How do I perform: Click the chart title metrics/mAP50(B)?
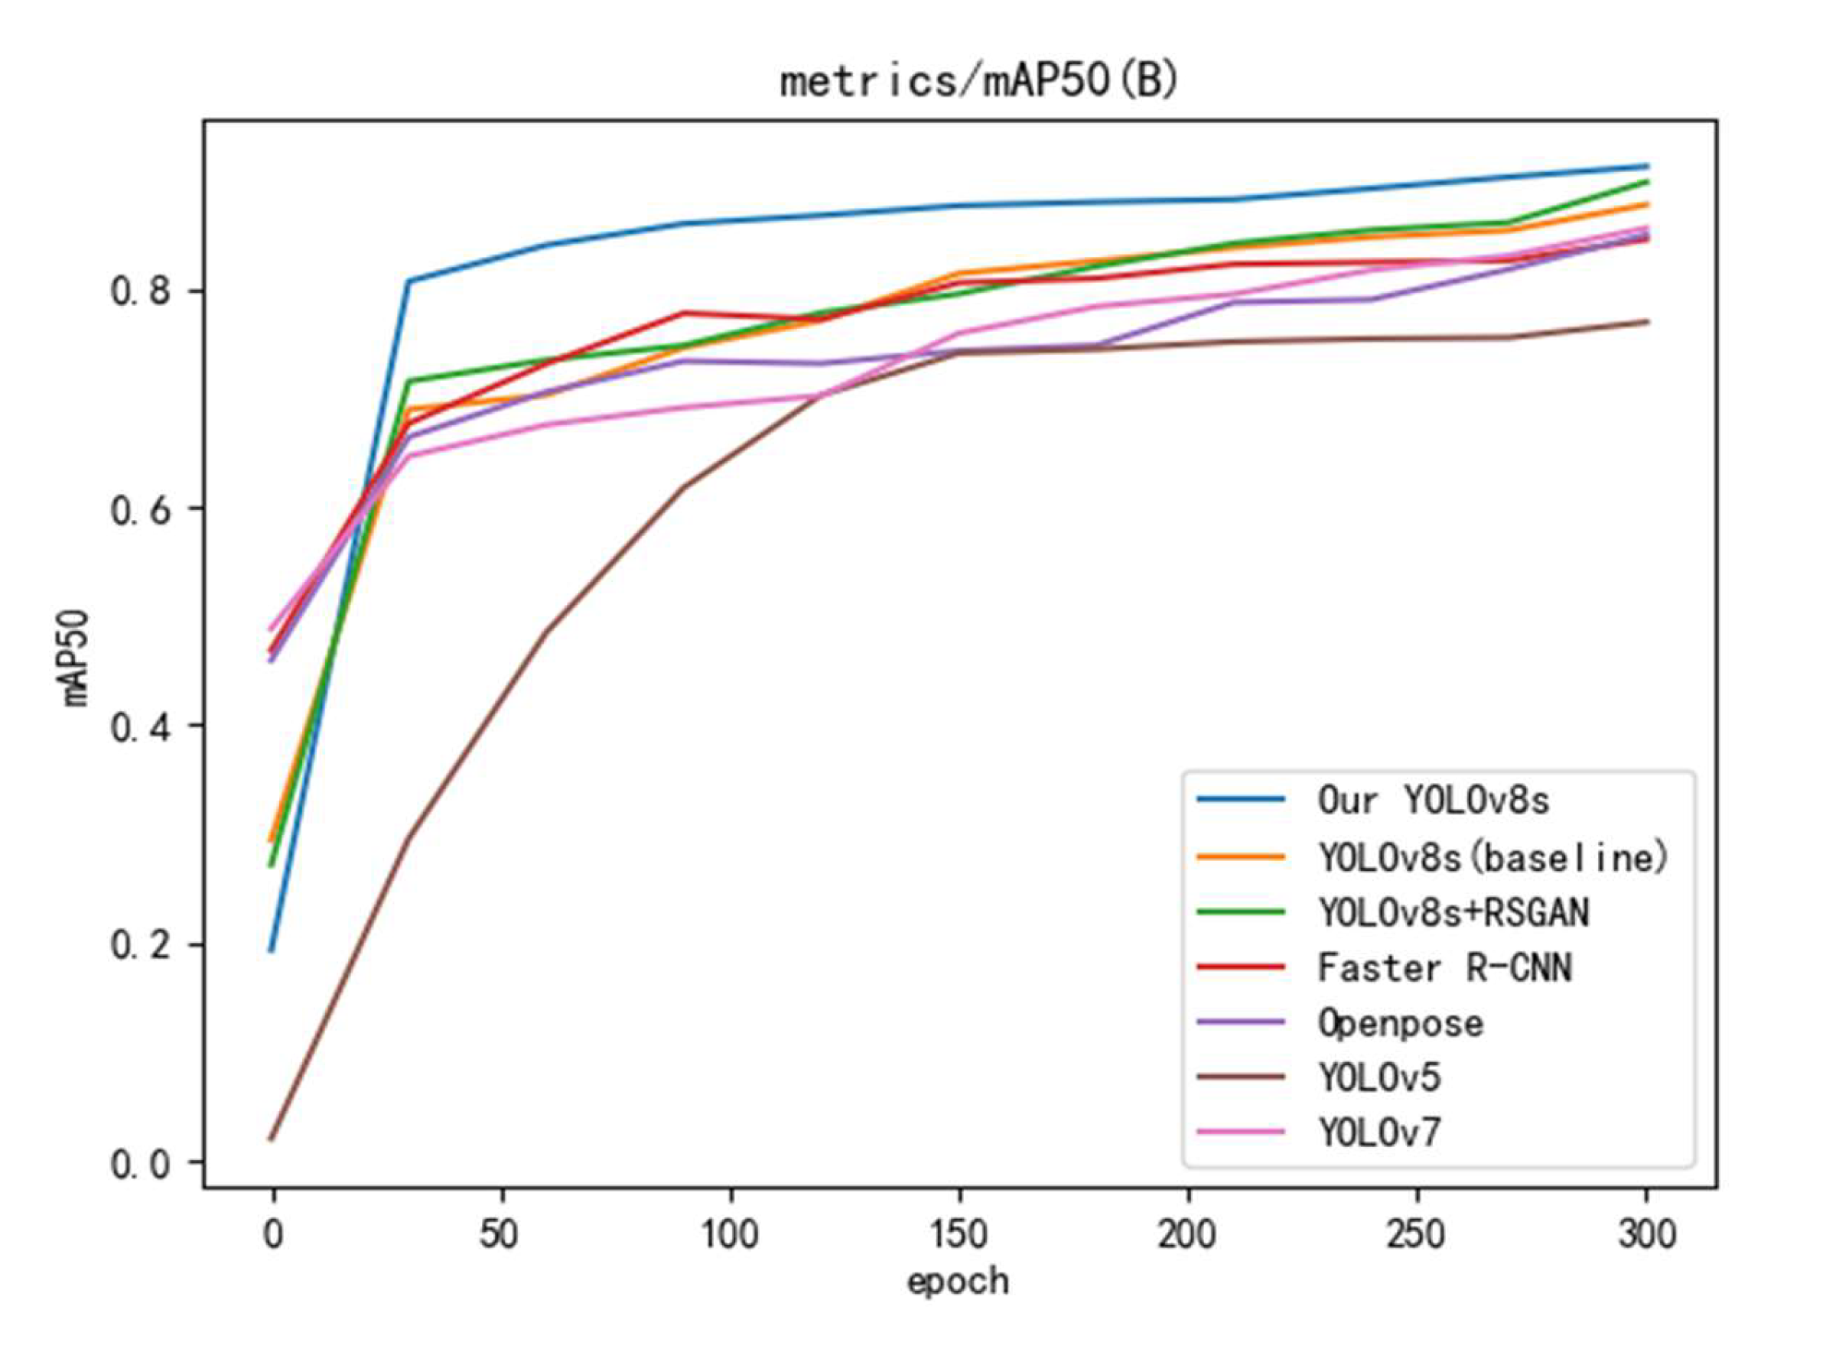click(x=978, y=83)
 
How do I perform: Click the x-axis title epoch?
click(x=957, y=1280)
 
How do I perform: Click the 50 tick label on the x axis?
click(x=500, y=1233)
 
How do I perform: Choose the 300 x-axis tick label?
click(x=1645, y=1233)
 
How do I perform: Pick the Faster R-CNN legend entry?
click(x=1444, y=968)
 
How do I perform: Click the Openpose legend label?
click(x=1400, y=1024)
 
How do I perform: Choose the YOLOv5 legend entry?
click(x=1379, y=1077)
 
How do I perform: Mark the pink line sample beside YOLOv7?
click(x=1241, y=1132)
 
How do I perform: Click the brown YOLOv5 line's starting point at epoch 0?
click(x=272, y=1139)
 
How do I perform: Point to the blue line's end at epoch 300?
click(x=1646, y=166)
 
